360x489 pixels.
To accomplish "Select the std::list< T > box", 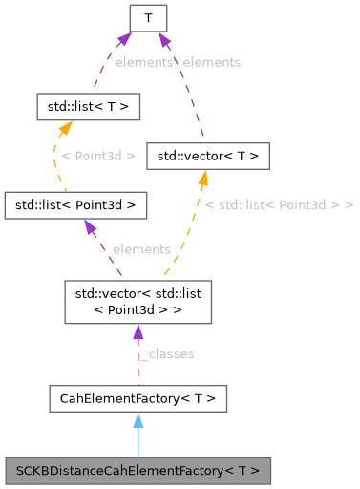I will click(88, 106).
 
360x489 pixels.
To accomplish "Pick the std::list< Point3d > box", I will click(75, 204).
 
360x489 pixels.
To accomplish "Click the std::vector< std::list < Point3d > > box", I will click(137, 301).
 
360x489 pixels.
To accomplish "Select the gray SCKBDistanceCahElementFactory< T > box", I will click(138, 470).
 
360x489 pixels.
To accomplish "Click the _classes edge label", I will click(167, 354).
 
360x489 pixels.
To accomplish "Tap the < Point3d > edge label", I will click(97, 155).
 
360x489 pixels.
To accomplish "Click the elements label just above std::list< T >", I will click(143, 61).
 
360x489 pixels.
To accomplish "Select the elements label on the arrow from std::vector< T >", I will click(211, 61).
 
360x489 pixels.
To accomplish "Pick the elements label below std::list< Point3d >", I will click(141, 249).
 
